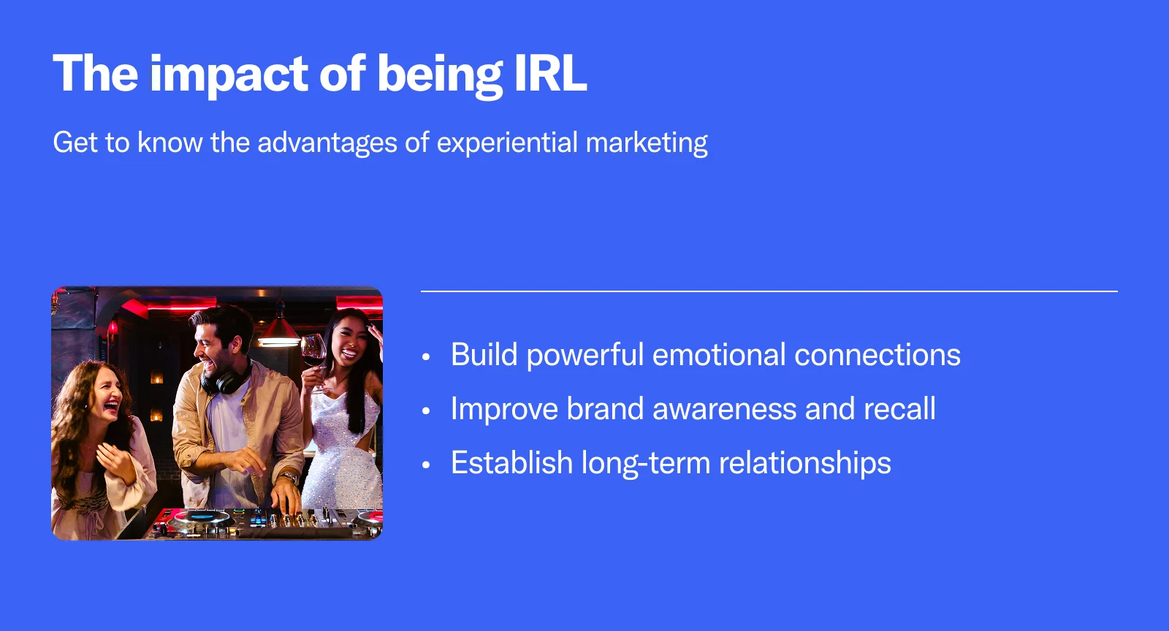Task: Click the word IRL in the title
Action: (551, 73)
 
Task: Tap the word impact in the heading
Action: (229, 76)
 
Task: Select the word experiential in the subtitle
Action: (507, 143)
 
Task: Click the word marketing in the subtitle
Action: (647, 143)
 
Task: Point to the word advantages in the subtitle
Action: (327, 143)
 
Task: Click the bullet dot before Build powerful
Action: (426, 357)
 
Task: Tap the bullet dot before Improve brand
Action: (426, 411)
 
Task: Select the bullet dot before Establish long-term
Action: (426, 464)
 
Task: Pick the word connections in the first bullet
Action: (877, 355)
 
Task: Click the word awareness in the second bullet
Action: (724, 408)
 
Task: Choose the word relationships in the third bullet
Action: (804, 463)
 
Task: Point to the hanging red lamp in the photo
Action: (279, 329)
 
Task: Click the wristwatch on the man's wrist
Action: (289, 476)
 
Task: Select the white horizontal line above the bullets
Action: (769, 291)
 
